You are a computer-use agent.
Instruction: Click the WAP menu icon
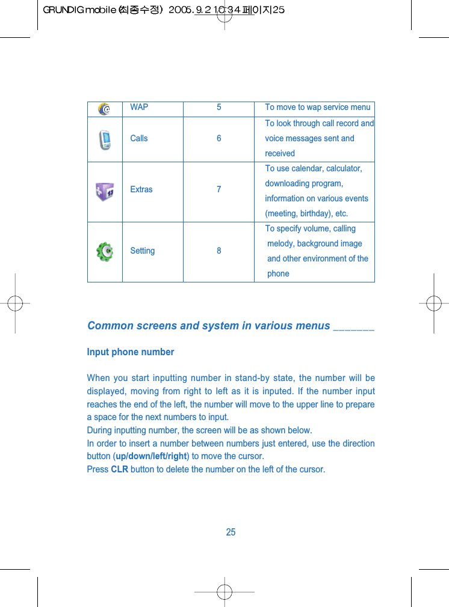click(105, 109)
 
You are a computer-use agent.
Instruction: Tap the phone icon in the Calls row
click(105, 139)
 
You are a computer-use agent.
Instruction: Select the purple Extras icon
click(105, 192)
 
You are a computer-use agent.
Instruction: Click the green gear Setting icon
click(105, 251)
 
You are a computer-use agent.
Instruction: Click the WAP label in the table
click(139, 107)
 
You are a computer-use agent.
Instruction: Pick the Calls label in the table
click(139, 138)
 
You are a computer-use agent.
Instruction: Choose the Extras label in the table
click(141, 189)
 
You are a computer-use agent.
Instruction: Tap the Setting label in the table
click(143, 251)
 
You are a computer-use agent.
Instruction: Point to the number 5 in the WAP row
click(219, 107)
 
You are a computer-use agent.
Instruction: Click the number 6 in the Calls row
click(219, 138)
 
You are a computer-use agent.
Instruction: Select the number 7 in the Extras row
click(219, 189)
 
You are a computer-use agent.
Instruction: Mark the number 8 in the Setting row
click(219, 251)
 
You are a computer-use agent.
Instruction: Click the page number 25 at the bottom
click(231, 532)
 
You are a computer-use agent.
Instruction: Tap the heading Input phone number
click(131, 352)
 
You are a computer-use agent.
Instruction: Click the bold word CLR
click(120, 469)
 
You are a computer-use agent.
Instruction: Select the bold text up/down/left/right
click(152, 456)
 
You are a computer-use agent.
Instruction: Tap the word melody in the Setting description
click(281, 243)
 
